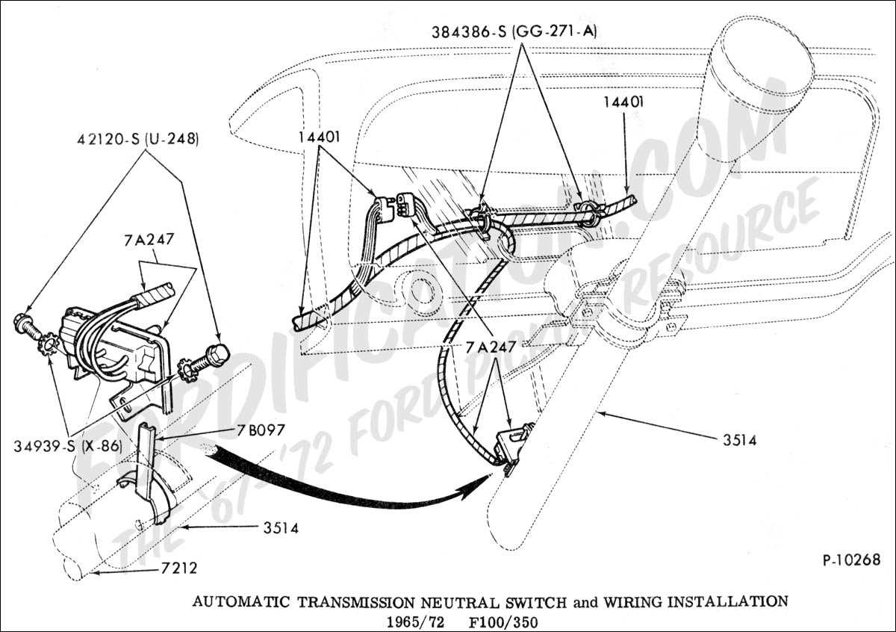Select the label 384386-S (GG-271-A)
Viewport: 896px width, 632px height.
coord(514,32)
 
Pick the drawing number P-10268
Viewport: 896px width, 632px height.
coord(851,559)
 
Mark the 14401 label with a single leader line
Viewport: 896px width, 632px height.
coord(623,102)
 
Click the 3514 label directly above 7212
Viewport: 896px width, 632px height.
coord(280,528)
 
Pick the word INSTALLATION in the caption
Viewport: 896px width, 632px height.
coord(721,601)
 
